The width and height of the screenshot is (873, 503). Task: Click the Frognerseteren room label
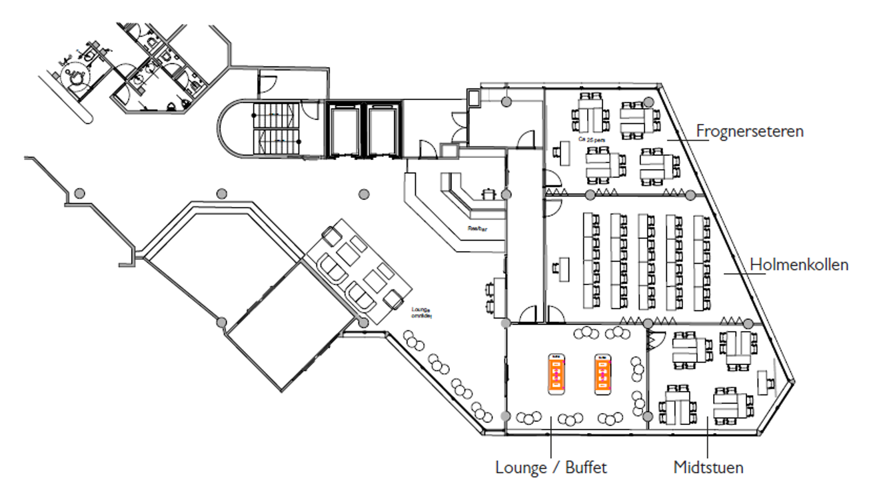750,131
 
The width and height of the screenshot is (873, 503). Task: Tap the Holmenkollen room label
799,264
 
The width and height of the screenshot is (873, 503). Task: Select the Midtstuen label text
708,467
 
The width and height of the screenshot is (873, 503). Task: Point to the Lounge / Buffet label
551,467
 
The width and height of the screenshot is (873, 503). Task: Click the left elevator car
345,130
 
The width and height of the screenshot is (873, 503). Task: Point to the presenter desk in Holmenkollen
561,268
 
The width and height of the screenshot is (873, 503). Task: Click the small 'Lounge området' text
421,312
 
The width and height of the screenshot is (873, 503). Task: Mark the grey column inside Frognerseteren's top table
648,102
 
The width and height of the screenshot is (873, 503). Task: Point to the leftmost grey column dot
79,193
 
